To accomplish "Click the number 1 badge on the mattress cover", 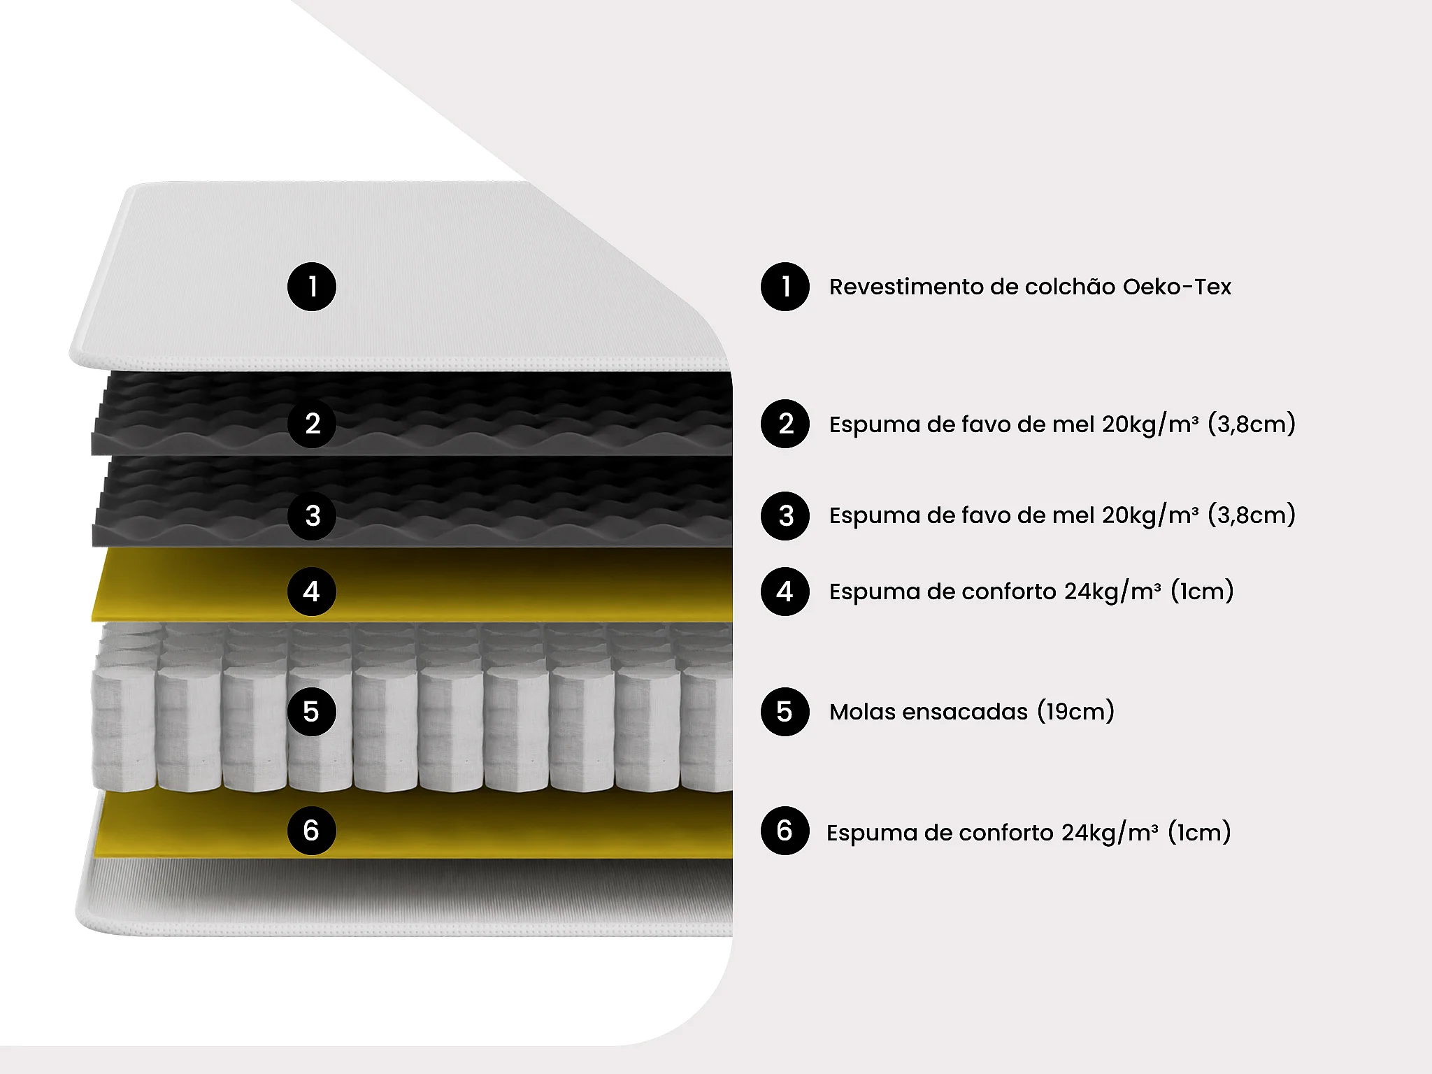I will pos(312,287).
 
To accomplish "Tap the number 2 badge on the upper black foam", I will pos(312,424).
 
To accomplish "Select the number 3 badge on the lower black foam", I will pos(312,516).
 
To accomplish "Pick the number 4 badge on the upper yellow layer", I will pos(312,592).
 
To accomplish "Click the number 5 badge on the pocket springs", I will pos(312,712).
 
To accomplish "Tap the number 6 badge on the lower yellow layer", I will pos(312,831).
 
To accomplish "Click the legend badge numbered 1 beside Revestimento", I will pos(785,287).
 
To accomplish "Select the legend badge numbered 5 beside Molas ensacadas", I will pos(785,712).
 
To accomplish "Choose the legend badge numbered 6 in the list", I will pos(785,831).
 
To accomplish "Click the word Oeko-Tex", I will pos(1177,287).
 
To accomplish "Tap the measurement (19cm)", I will pos(1075,712).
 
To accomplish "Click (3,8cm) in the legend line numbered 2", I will pos(1252,424).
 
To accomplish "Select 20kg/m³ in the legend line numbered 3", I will pos(1150,515).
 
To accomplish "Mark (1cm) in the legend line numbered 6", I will pos(1199,832).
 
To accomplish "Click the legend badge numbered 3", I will pos(785,516).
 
